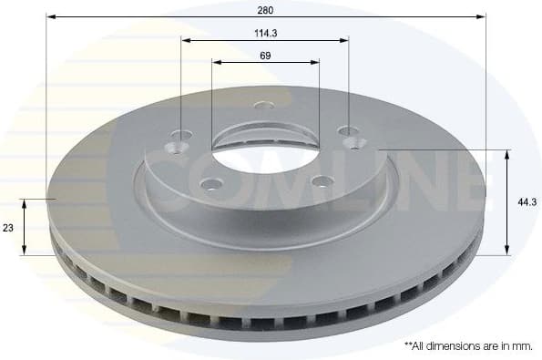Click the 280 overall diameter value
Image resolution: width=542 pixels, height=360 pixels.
[265, 9]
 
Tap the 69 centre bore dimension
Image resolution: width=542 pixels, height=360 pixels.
[265, 55]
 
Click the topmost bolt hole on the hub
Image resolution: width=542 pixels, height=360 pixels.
[265, 106]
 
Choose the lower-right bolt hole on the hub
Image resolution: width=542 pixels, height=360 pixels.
[320, 180]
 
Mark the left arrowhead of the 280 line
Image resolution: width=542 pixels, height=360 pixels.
[49, 17]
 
